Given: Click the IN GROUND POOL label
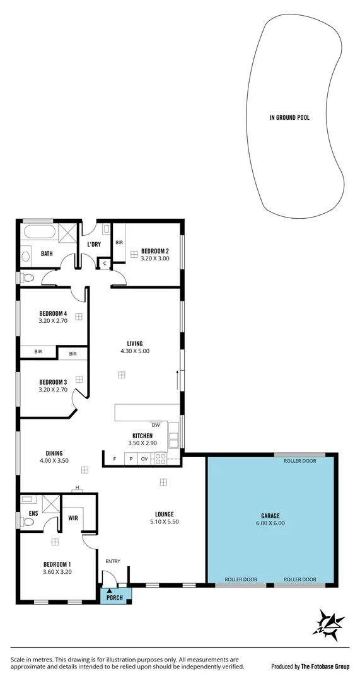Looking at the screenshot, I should (x=289, y=117).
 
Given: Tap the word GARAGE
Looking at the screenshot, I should (x=270, y=515).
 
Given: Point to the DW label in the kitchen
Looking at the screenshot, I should (x=155, y=425).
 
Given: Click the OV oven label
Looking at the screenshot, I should (x=144, y=459).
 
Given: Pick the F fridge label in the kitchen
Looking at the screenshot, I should (x=114, y=459).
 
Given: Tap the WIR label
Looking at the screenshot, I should (x=73, y=518).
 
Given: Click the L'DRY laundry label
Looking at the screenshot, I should (x=93, y=244).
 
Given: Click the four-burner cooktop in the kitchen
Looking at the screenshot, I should (x=160, y=458).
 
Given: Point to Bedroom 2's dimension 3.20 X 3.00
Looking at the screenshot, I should (x=154, y=258).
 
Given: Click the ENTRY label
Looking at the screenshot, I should (x=113, y=561).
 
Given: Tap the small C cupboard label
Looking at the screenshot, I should (x=105, y=263).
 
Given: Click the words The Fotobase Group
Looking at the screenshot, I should (x=324, y=666).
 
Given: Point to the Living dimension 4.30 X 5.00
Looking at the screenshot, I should (x=138, y=351).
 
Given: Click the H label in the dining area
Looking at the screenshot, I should (x=76, y=487).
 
